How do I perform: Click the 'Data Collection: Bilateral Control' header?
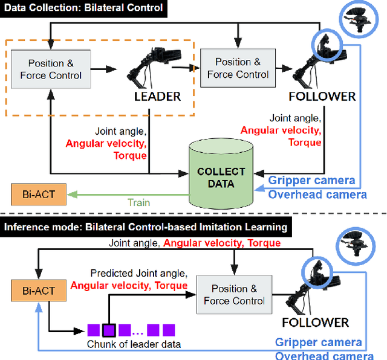click(83, 8)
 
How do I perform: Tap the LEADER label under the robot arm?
click(157, 97)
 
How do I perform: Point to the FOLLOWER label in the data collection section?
click(322, 97)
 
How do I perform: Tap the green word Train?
click(138, 204)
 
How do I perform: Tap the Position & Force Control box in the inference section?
click(235, 294)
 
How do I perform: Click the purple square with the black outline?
click(108, 330)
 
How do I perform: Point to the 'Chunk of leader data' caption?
click(131, 345)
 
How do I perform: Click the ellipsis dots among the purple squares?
click(137, 331)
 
